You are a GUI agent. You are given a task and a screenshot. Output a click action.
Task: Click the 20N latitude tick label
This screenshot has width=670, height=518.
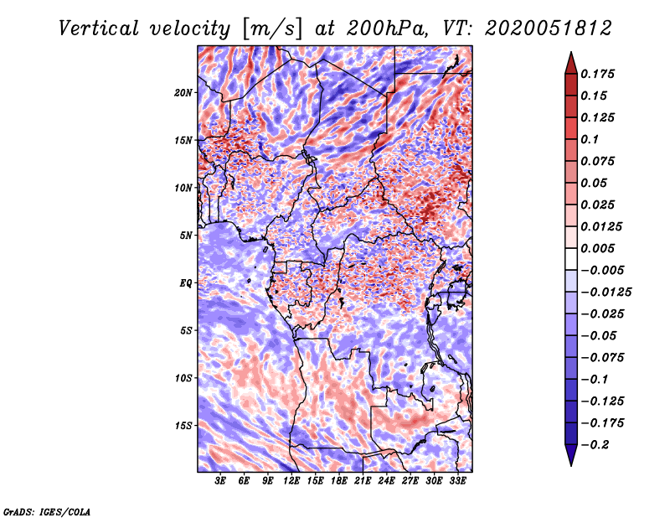coord(183,92)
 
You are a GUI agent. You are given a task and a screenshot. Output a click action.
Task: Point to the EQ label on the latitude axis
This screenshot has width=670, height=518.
coord(185,283)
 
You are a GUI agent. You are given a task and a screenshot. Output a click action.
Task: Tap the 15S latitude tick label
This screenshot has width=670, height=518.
coord(183,426)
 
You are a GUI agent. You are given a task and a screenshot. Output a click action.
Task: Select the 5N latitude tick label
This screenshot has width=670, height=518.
coord(185,236)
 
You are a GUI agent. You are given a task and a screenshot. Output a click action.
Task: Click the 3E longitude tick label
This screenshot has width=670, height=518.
coord(220,481)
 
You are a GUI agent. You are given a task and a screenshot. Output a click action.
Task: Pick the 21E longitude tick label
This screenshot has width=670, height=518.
coord(363,481)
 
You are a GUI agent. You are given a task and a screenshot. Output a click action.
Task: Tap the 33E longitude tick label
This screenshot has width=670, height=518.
coord(457,481)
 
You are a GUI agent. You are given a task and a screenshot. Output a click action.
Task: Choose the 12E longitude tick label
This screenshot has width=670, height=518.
coord(291,481)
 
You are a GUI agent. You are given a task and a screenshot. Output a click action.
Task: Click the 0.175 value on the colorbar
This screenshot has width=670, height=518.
coord(599,74)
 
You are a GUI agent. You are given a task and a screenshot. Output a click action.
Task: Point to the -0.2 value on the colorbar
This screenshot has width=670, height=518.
coord(598,444)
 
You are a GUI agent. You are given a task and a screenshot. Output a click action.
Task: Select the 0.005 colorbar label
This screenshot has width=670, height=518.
coord(599,248)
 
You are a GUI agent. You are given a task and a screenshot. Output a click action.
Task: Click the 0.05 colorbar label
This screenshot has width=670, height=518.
coord(595,183)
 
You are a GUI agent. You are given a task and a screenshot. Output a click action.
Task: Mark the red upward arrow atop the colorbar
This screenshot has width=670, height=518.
coord(569,61)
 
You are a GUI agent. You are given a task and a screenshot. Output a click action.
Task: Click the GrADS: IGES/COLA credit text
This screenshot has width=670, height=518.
coord(46,510)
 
